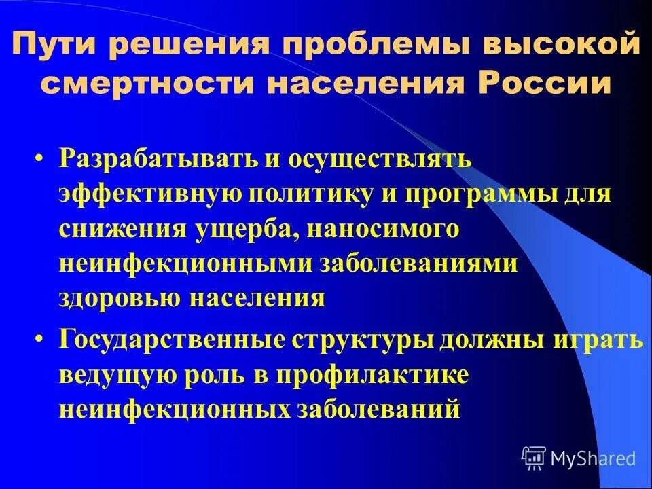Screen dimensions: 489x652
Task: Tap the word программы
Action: click(x=486, y=193)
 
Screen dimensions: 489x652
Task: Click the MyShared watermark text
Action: click(x=594, y=458)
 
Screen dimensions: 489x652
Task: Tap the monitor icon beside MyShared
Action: click(x=534, y=458)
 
